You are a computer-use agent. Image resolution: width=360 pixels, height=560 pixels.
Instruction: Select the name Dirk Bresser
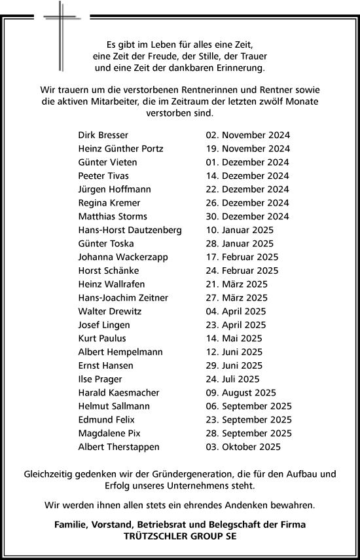pos(103,135)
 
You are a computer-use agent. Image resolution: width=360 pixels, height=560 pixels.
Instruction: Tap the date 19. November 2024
pos(247,149)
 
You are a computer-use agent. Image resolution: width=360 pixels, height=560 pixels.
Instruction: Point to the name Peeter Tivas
pos(103,176)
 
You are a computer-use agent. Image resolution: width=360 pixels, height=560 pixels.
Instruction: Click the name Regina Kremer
pos(109,203)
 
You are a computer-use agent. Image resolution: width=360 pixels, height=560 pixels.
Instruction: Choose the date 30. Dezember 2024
pos(247,217)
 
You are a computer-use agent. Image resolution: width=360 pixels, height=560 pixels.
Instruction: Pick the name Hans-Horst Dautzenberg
pos(130,230)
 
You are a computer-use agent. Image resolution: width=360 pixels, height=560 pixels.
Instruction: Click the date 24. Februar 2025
pos(242,271)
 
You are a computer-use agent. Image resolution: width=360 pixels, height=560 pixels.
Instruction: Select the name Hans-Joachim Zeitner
pos(123,298)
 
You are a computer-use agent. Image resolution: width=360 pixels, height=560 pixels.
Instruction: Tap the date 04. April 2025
pos(236,312)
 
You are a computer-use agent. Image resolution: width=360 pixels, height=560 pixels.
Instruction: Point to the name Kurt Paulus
pos(102,339)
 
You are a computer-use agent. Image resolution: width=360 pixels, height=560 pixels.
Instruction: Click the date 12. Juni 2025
pos(234,352)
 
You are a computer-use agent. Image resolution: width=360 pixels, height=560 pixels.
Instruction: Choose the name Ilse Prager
pos(100,379)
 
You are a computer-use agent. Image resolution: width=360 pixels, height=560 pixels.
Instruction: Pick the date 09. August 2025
pos(240,393)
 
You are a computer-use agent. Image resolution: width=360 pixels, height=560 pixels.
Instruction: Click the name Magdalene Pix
pos(109,434)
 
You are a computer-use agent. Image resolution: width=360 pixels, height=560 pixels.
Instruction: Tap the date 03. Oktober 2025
pos(243,447)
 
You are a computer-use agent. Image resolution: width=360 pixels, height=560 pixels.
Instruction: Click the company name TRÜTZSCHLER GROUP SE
pos(180,535)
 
